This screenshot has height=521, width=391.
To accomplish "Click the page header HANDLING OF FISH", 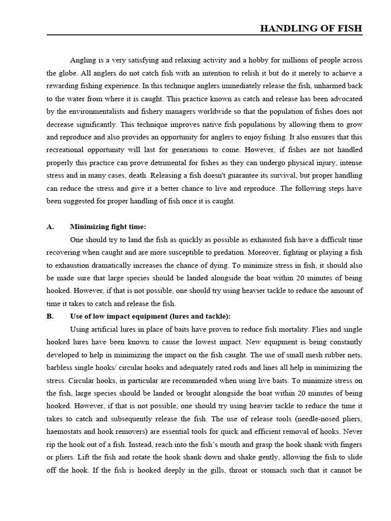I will coord(311,28).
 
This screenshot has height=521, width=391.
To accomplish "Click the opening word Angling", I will coord(82,60).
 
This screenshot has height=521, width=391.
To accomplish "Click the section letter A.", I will coord(50,227).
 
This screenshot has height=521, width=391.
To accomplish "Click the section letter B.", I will coord(50,316).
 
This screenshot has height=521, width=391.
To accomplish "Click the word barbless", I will coord(61,367).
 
